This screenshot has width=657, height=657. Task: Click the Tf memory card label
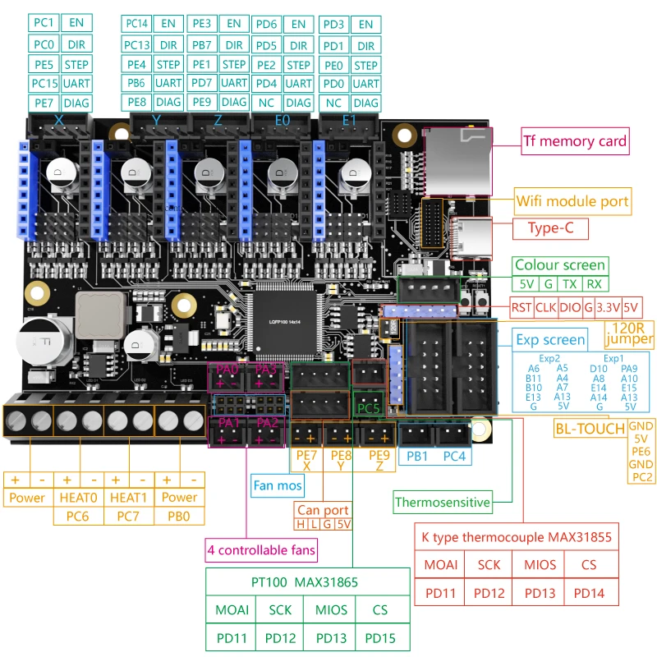coord(576,141)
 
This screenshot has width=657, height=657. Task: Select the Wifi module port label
coord(573,200)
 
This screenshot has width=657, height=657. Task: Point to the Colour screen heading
coord(560,264)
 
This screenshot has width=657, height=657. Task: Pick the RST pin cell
coord(521,308)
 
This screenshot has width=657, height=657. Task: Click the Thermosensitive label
coord(442,502)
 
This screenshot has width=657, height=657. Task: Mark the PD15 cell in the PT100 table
coord(379,637)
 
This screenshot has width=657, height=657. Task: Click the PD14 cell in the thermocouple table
coord(588,591)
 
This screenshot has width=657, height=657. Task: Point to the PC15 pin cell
coord(45,83)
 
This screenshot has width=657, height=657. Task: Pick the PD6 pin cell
coord(264,25)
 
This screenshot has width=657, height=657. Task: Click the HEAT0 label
coord(79,497)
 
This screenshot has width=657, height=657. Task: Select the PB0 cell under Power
coord(180,516)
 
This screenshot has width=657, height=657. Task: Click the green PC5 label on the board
coord(367,406)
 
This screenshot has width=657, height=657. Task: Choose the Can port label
coord(324,510)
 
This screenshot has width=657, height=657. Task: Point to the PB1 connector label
coord(416,455)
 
